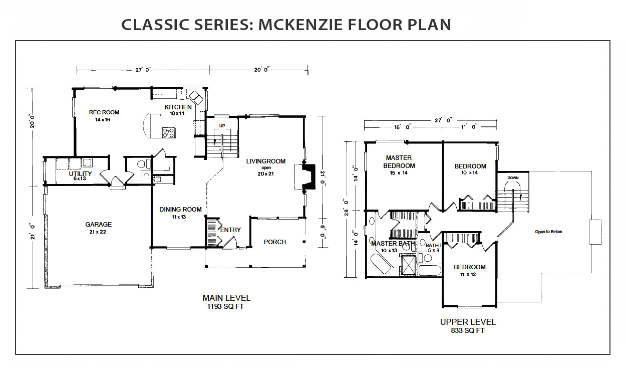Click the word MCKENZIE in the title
tap(300, 25)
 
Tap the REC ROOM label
tap(104, 112)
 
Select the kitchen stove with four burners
tap(169, 132)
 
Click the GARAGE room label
tap(98, 224)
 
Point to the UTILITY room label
tap(80, 173)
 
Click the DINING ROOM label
tap(180, 210)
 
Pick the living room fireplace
tap(305, 176)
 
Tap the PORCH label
tap(275, 242)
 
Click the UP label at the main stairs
tap(222, 126)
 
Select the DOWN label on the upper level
tap(513, 177)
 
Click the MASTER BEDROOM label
tap(399, 162)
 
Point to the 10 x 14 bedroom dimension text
tap(470, 172)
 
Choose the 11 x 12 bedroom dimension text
tap(468, 275)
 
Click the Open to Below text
tap(548, 232)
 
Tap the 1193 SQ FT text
tap(225, 306)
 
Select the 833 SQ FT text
tap(468, 330)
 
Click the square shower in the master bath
tap(409, 265)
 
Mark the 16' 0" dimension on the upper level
tap(403, 127)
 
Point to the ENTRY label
tap(230, 230)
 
